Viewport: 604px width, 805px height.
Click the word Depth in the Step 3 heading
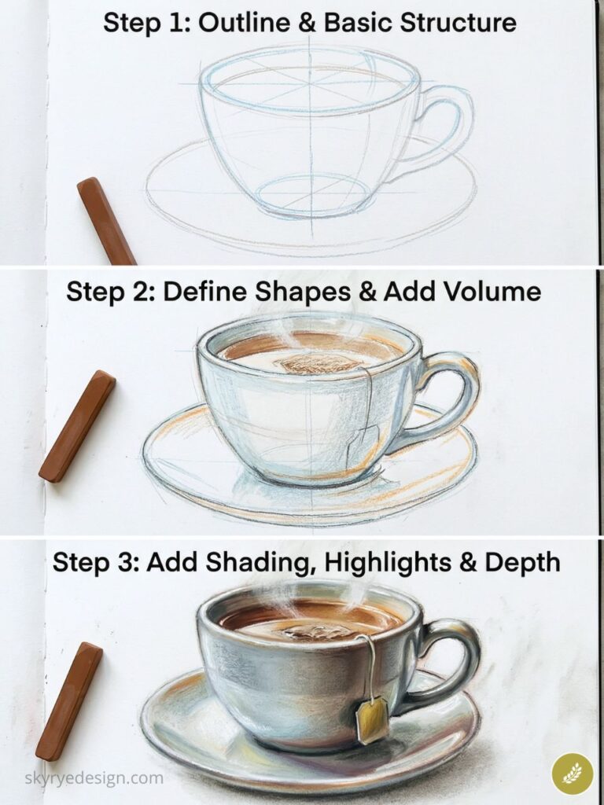coord(521,563)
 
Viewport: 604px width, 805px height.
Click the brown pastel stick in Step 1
coord(106,221)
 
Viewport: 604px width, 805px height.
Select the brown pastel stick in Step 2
coord(77,426)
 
